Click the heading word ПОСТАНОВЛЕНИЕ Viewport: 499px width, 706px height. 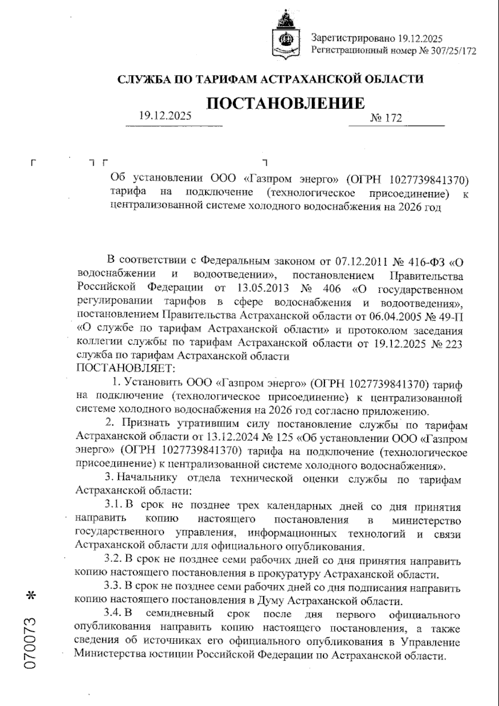(286, 103)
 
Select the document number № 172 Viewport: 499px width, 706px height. (385, 118)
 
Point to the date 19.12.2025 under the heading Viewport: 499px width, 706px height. (165, 116)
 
